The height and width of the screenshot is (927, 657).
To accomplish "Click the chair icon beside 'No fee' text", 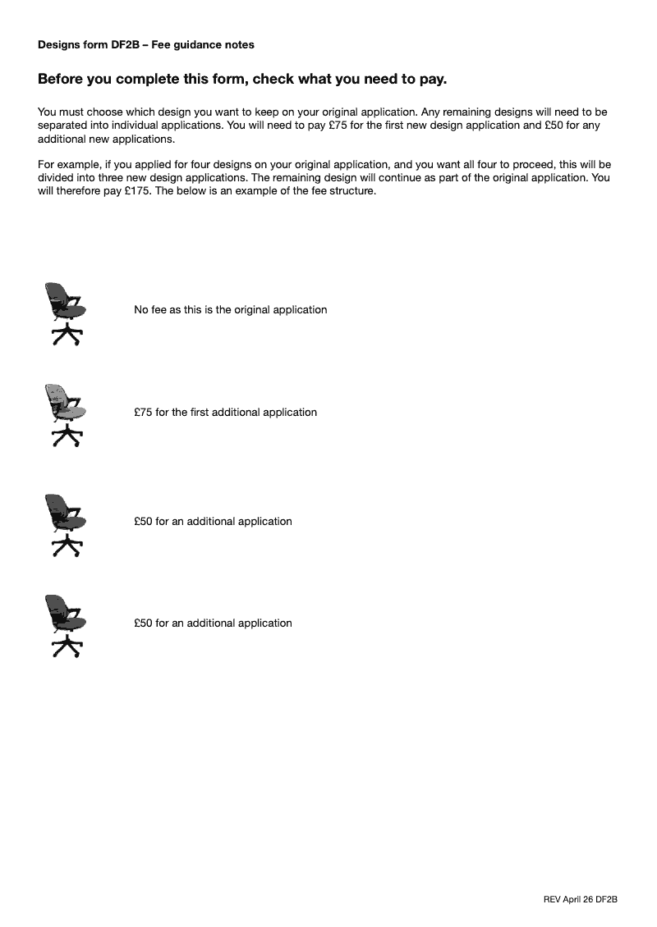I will pos(64,313).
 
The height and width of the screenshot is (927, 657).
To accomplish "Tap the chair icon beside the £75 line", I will pos(64,415).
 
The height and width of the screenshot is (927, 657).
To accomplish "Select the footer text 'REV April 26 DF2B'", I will pos(580,899).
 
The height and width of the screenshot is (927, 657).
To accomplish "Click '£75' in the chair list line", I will pos(143,412).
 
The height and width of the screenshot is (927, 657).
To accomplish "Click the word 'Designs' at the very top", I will pos(57,44).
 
